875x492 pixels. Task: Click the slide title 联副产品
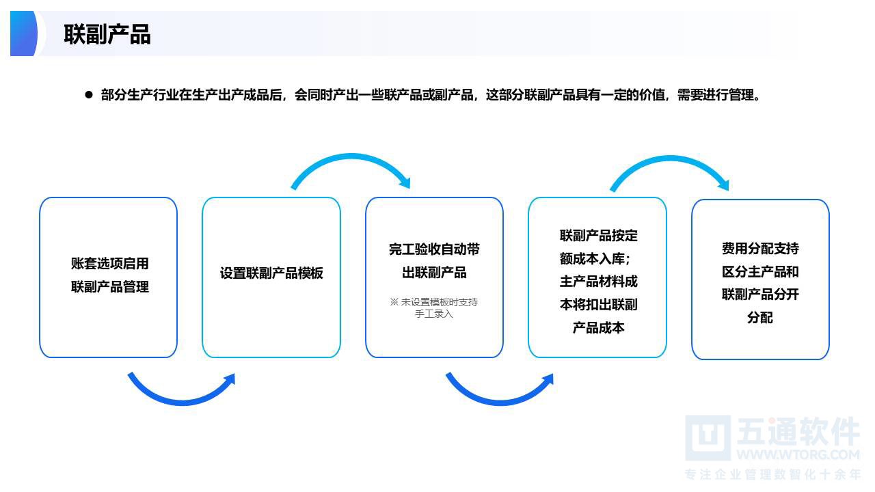pyautogui.click(x=107, y=34)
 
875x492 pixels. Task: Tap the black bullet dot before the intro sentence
pyautogui.click(x=89, y=94)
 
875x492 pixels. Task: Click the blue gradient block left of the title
pyautogui.click(x=23, y=33)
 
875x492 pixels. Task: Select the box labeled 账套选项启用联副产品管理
pyautogui.click(x=108, y=277)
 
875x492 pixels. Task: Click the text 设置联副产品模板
pyautogui.click(x=271, y=273)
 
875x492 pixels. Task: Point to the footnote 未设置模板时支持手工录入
pyautogui.click(x=433, y=307)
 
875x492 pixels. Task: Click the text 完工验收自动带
pyautogui.click(x=434, y=249)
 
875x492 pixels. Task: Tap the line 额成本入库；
pyautogui.click(x=595, y=258)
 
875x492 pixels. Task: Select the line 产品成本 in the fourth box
pyautogui.click(x=598, y=327)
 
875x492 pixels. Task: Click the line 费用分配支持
pyautogui.click(x=760, y=248)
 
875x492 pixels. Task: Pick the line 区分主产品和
pyautogui.click(x=760, y=271)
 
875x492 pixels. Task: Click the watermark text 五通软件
pyautogui.click(x=798, y=431)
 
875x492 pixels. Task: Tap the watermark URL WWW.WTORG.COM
pyautogui.click(x=798, y=455)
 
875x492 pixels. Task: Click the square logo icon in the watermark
pyautogui.click(x=708, y=438)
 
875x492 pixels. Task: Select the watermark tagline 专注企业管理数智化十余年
pyautogui.click(x=772, y=474)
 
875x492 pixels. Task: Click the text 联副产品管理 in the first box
pyautogui.click(x=110, y=287)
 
